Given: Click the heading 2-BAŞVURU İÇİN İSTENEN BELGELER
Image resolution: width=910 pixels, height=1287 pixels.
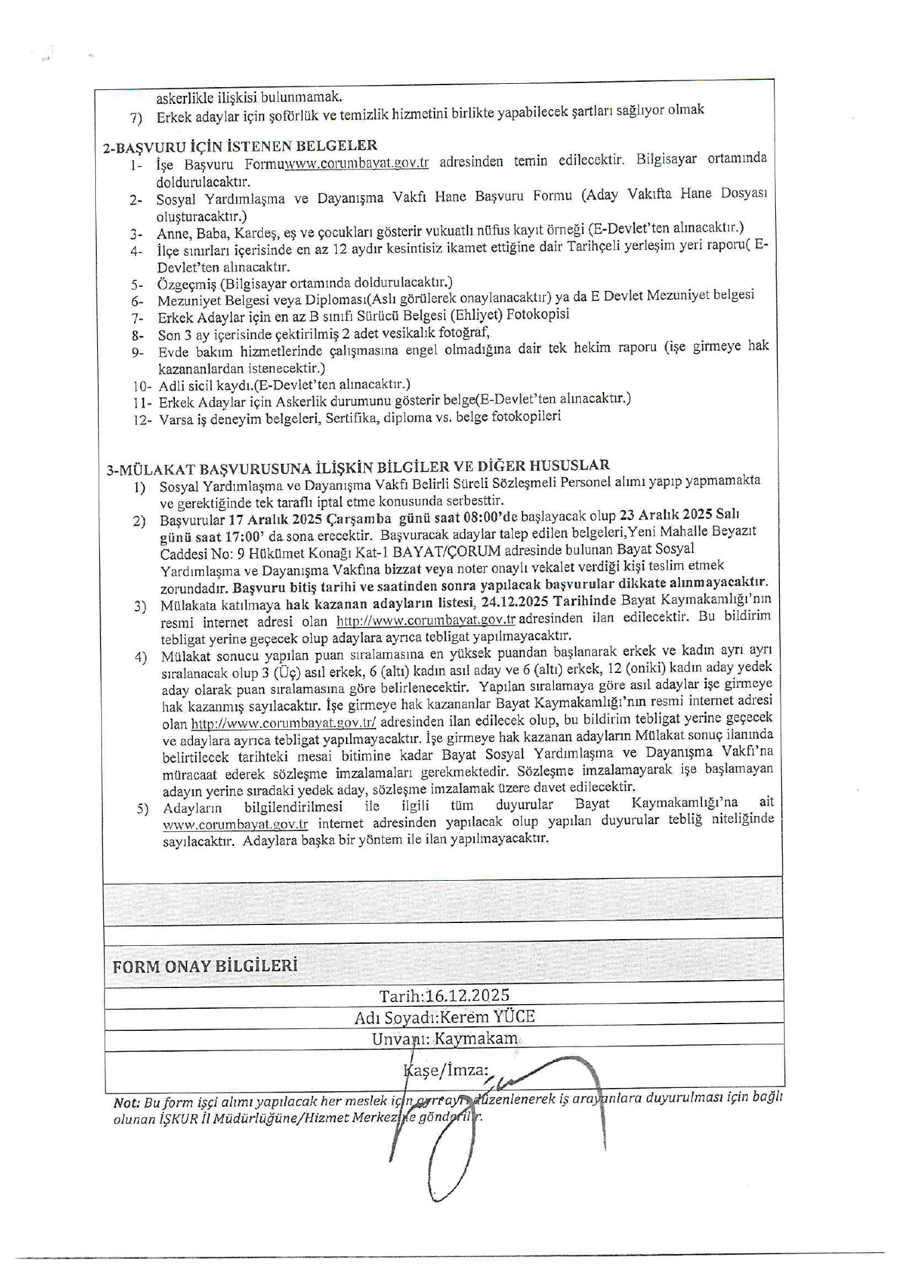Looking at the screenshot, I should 240,145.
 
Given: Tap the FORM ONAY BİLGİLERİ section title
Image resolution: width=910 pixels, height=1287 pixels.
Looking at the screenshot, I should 205,966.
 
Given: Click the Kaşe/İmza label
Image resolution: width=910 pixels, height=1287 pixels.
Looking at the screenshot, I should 446,1070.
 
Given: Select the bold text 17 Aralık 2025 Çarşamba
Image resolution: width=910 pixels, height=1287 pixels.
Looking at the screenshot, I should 310,519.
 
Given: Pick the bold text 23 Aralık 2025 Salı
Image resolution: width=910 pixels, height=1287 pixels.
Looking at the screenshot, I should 679,515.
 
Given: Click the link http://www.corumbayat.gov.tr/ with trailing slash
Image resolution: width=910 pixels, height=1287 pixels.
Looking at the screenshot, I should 284,723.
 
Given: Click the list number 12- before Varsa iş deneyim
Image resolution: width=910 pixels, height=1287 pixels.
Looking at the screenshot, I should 142,420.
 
